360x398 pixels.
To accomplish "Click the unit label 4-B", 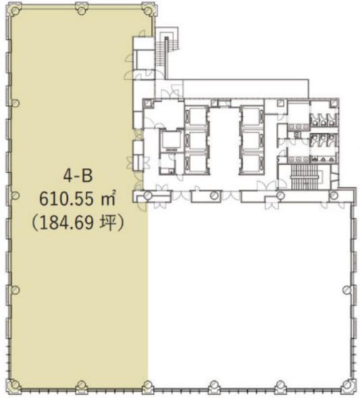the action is pos(78,176).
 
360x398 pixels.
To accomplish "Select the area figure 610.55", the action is pos(66,199).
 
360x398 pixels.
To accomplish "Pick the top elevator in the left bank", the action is pos(197,117).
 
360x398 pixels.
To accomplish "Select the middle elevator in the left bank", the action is pos(197,141).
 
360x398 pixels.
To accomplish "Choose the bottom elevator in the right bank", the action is pos(251,164).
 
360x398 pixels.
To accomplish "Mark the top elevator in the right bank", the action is pos(251,117).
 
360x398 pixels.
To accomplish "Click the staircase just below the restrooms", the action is pos(304,177).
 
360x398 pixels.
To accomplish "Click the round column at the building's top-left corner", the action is pos(16,10).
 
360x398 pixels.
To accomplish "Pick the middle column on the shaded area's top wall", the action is pos(82,10).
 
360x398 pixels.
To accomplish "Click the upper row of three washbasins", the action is pos(299,127).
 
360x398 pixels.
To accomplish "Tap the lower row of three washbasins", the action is pos(299,159).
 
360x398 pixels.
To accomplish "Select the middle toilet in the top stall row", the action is pos(323,120).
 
